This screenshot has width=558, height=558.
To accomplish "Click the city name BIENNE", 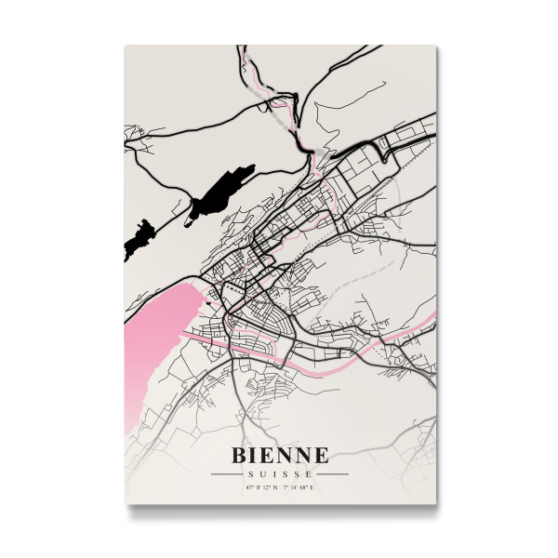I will click(279, 455).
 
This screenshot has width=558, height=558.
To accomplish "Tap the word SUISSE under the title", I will click(279, 473).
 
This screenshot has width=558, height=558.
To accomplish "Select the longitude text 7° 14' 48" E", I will click(299, 486).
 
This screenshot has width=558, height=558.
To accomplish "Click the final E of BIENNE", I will click(321, 455).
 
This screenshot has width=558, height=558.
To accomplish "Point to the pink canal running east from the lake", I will click(307, 368).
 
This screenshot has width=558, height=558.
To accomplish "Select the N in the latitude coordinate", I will click(275, 486).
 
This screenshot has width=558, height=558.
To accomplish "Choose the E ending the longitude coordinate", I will click(313, 486).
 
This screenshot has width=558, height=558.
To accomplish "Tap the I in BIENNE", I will click(256, 455).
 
